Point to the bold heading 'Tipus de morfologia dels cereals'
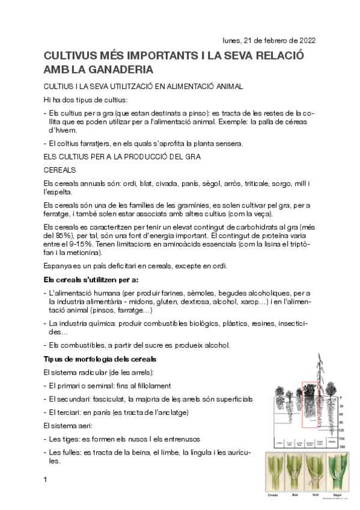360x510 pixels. [x=100, y=360]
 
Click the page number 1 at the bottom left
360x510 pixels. [x=46, y=479]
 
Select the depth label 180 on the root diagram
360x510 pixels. [x=339, y=447]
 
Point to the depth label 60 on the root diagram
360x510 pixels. [x=340, y=414]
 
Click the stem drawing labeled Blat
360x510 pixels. [x=296, y=473]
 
